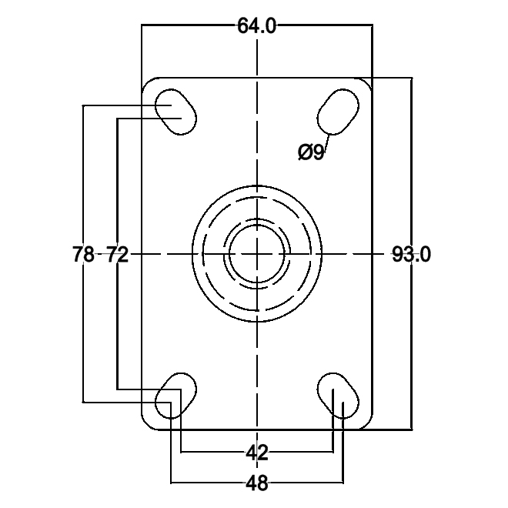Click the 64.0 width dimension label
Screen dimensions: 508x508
tap(256, 26)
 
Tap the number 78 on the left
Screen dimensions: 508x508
tap(83, 254)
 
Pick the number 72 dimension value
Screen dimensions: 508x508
tap(116, 254)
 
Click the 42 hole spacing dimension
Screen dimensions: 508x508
tap(257, 453)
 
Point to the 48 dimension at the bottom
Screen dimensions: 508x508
tap(257, 483)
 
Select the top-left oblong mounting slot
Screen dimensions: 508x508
tap(177, 112)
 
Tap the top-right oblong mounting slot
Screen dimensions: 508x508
tap(339, 112)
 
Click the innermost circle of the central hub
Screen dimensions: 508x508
tap(258, 254)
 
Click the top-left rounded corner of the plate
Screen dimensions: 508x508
tap(147, 82)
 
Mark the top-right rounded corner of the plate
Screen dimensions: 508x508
tap(368, 82)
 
